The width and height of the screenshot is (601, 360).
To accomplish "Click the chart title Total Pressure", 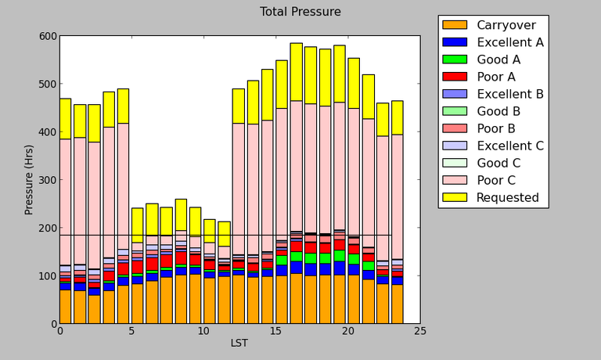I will pos(300,12).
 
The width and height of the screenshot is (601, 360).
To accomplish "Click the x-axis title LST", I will pos(239,343).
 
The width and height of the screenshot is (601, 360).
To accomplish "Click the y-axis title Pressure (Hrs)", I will pos(29,179).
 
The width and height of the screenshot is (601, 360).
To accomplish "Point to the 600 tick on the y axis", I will pos(46,36).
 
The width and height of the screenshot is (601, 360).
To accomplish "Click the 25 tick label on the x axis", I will pos(420,331).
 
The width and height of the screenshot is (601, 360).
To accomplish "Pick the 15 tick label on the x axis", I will pos(275,331).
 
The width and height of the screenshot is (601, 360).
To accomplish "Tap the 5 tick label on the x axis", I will pos(131,331).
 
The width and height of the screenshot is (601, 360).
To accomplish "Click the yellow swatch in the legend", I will pos(455,197).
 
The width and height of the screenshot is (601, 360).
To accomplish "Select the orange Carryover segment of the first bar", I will pos(65,307).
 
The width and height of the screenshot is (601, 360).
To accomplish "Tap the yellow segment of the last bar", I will pos(398,117).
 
